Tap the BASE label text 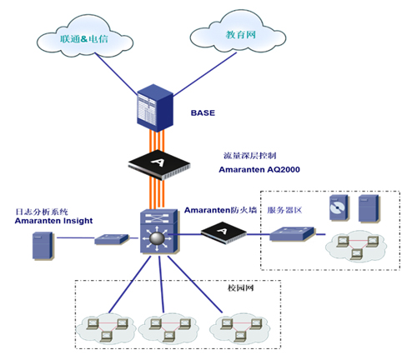click(203, 112)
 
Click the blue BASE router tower click(155, 107)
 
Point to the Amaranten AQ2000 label click(259, 169)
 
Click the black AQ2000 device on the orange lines click(159, 165)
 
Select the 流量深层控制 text click(249, 156)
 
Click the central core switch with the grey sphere click(158, 231)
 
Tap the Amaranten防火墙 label click(220, 210)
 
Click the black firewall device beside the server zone click(224, 232)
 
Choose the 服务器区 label click(284, 210)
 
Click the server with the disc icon click(339, 207)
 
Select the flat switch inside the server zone click(292, 233)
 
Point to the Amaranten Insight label click(53, 221)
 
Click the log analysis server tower click(43, 246)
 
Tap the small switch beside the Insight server click(112, 239)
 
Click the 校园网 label click(240, 287)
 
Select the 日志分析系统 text click(42, 212)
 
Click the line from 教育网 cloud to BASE click(205, 74)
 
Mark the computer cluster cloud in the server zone click(356, 246)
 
